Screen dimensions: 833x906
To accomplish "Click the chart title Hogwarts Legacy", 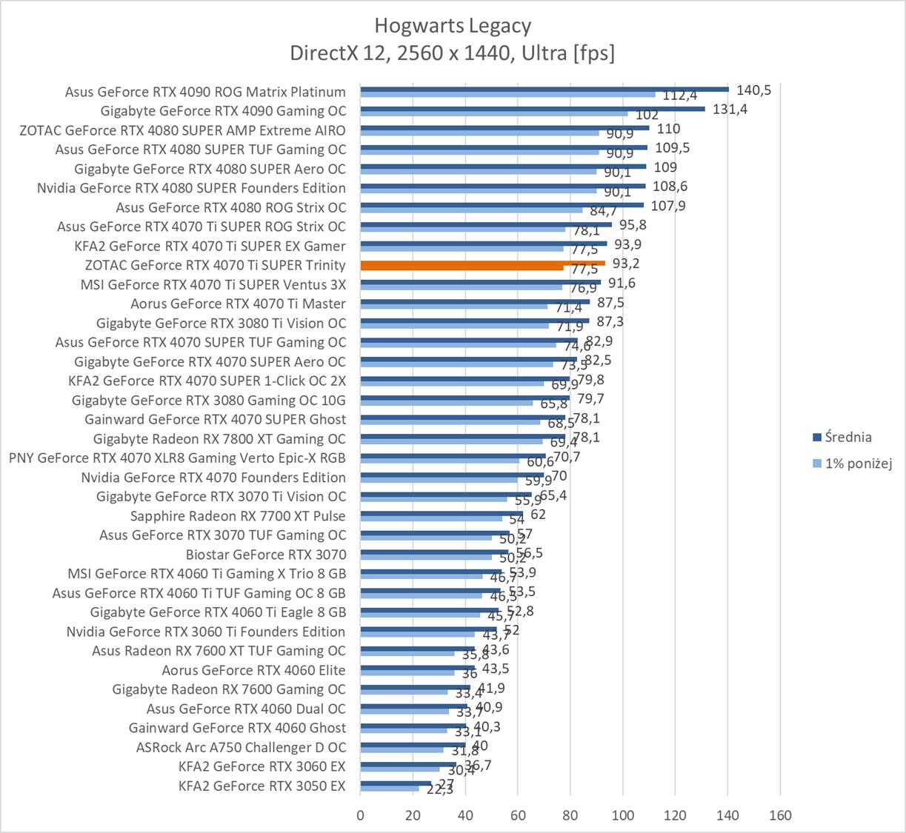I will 452,26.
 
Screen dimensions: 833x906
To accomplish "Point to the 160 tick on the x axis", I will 780,815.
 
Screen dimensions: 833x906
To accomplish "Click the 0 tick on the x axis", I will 360,815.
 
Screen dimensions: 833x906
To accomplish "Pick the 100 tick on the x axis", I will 622,815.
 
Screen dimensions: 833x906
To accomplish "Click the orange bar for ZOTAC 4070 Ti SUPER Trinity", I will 482,263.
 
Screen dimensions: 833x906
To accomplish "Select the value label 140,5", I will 753,90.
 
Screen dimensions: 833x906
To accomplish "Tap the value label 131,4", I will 730,110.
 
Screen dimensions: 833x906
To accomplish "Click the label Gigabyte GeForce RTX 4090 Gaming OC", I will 223,111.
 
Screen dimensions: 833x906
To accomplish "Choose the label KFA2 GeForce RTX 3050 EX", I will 262,786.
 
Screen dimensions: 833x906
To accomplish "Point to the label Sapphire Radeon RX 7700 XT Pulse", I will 238,516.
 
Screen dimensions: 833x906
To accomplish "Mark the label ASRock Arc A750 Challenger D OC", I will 241,747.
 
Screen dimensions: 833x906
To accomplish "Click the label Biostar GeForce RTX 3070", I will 266,555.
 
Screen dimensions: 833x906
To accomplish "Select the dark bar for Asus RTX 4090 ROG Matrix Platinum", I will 544,89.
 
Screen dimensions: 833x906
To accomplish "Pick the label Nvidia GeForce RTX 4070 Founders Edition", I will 213,478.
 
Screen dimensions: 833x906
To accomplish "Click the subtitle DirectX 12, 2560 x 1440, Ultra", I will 452,53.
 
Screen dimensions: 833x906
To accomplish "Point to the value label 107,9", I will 668,206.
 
